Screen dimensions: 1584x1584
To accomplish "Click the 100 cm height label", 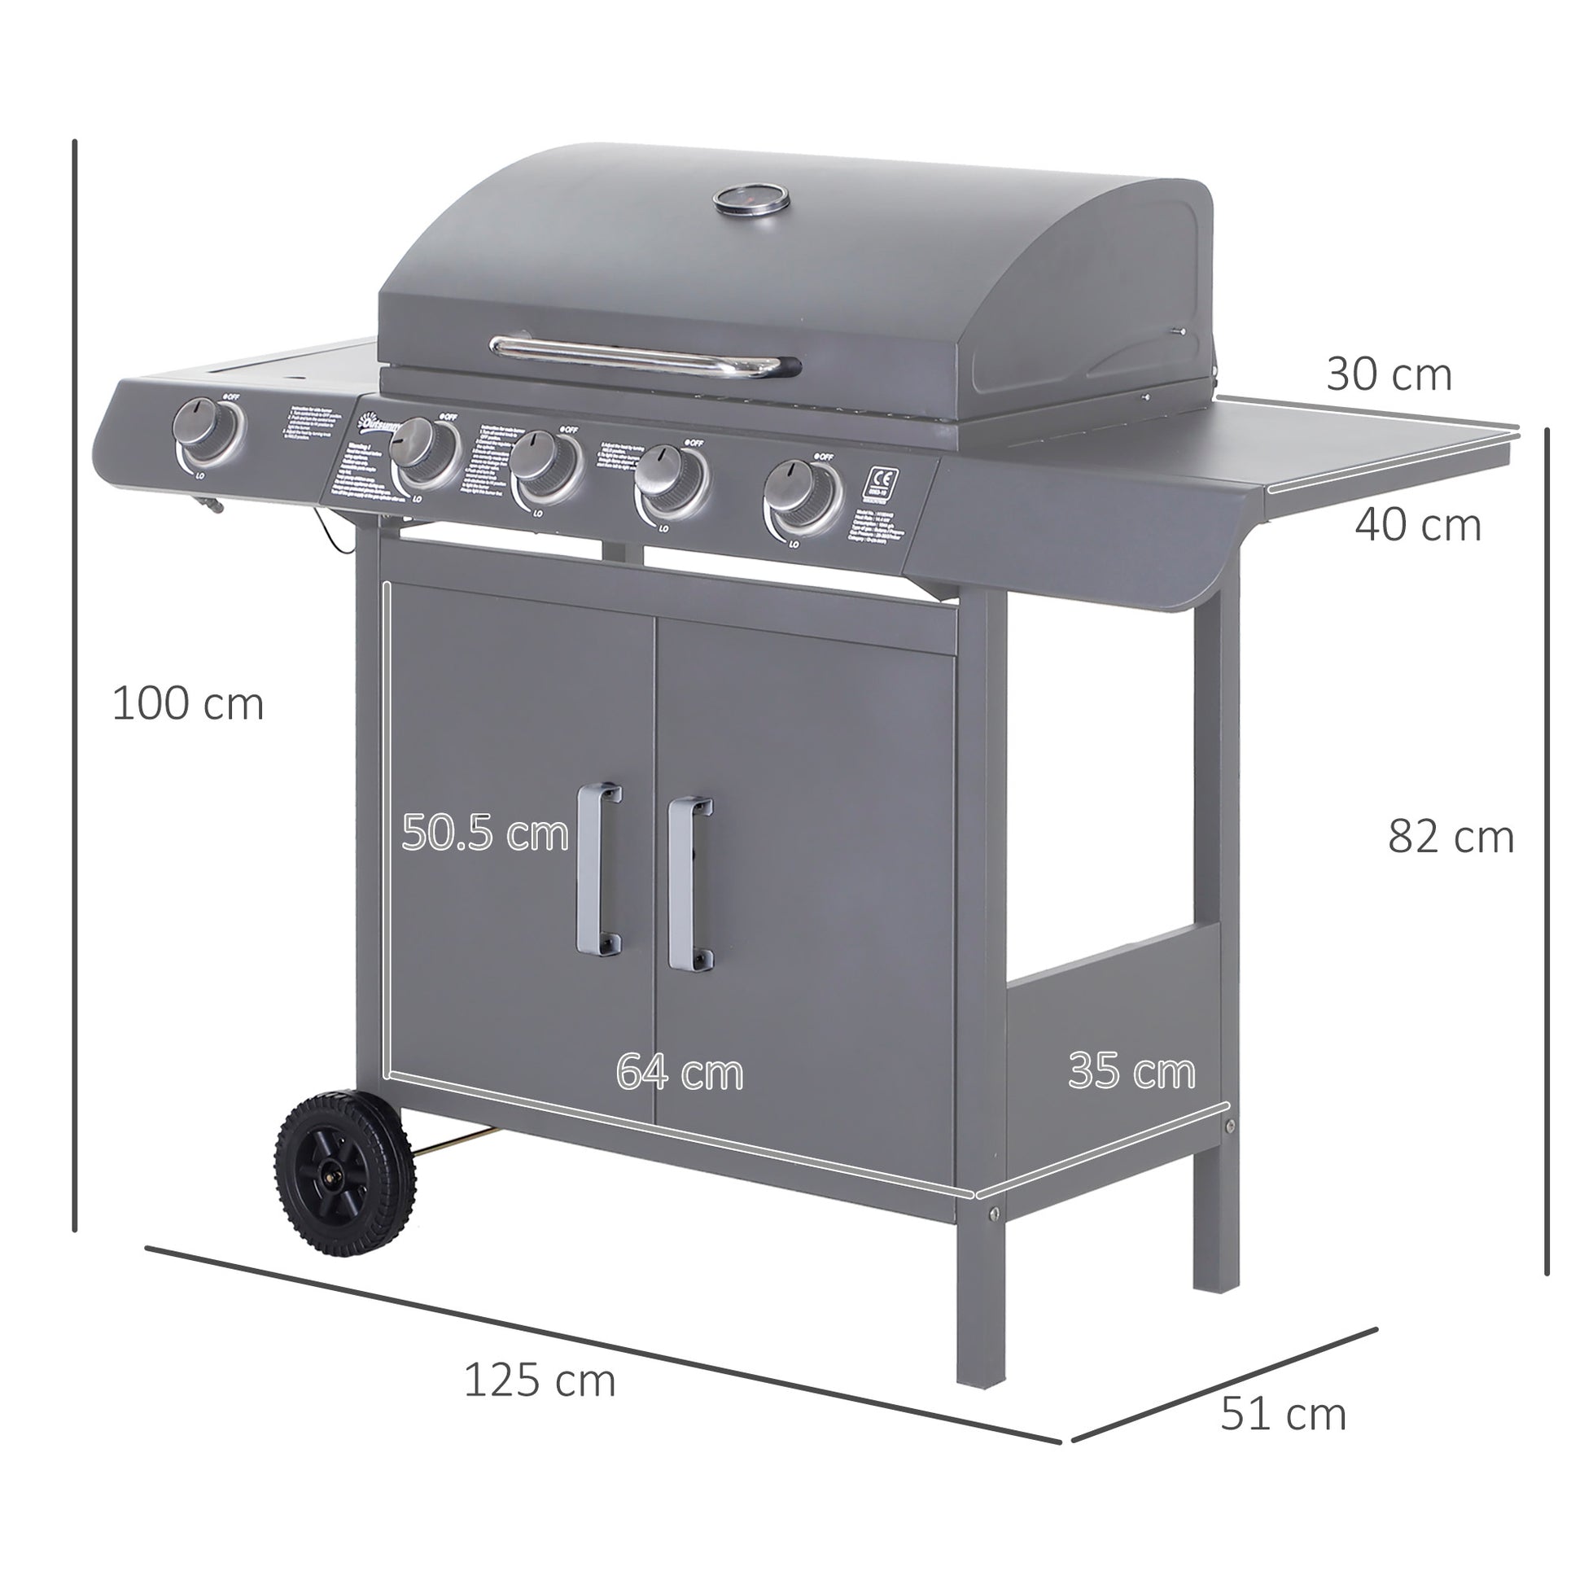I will tap(188, 704).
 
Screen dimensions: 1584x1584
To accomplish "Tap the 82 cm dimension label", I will tap(1451, 837).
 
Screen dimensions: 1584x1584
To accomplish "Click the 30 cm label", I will tap(1389, 374).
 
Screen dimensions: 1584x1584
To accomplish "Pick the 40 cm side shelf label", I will tap(1418, 525).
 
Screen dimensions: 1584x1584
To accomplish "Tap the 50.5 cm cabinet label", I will tap(484, 834).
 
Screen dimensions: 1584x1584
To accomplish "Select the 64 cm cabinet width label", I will tap(680, 1071).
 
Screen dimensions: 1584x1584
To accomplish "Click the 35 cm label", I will tap(1131, 1070).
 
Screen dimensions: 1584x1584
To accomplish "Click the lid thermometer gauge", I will tap(750, 199).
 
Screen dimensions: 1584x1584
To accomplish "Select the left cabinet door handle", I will tap(599, 870).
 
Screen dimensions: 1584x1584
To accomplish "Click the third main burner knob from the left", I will tap(671, 482).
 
